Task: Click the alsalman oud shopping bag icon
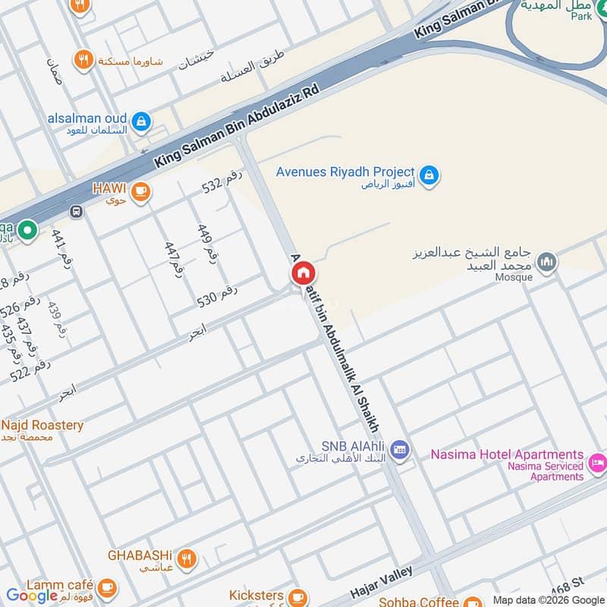pos(140,121)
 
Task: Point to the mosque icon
pos(546,263)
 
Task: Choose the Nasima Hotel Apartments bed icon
pos(599,461)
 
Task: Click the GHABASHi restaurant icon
pos(187,559)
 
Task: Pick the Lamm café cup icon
pos(107,587)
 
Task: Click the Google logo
pos(32,596)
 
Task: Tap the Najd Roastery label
pos(42,425)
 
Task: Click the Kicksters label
pos(256,596)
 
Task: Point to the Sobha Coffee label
pos(419,601)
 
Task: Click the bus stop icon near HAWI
pos(75,212)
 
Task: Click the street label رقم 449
pos(206,243)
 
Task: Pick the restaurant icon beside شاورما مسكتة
pos(84,59)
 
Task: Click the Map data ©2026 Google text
pos(549,599)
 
